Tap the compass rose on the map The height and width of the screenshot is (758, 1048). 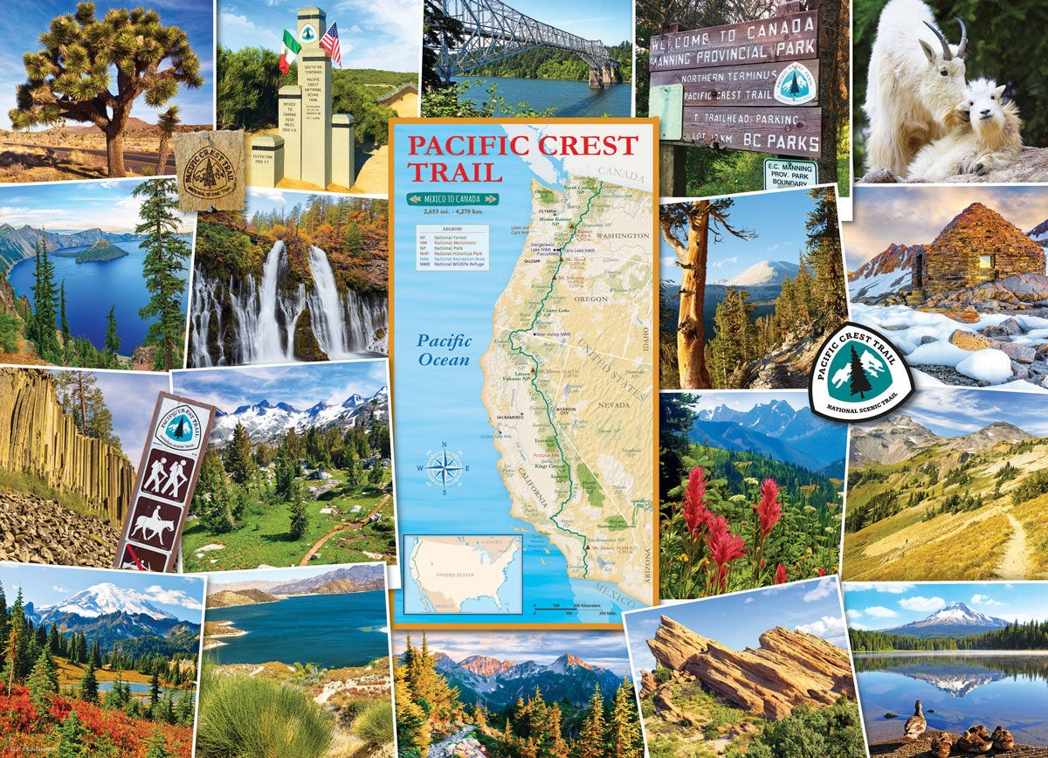click(445, 466)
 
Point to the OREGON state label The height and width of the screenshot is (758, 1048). click(591, 299)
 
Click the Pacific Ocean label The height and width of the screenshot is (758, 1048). click(443, 349)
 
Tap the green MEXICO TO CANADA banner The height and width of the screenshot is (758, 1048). click(452, 198)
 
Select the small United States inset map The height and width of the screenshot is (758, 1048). click(463, 575)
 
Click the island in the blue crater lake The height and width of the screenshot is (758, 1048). click(101, 252)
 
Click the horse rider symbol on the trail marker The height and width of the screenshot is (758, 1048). click(153, 520)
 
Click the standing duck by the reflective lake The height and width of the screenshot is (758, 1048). click(915, 720)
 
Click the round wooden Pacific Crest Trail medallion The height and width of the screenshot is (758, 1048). click(210, 170)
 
